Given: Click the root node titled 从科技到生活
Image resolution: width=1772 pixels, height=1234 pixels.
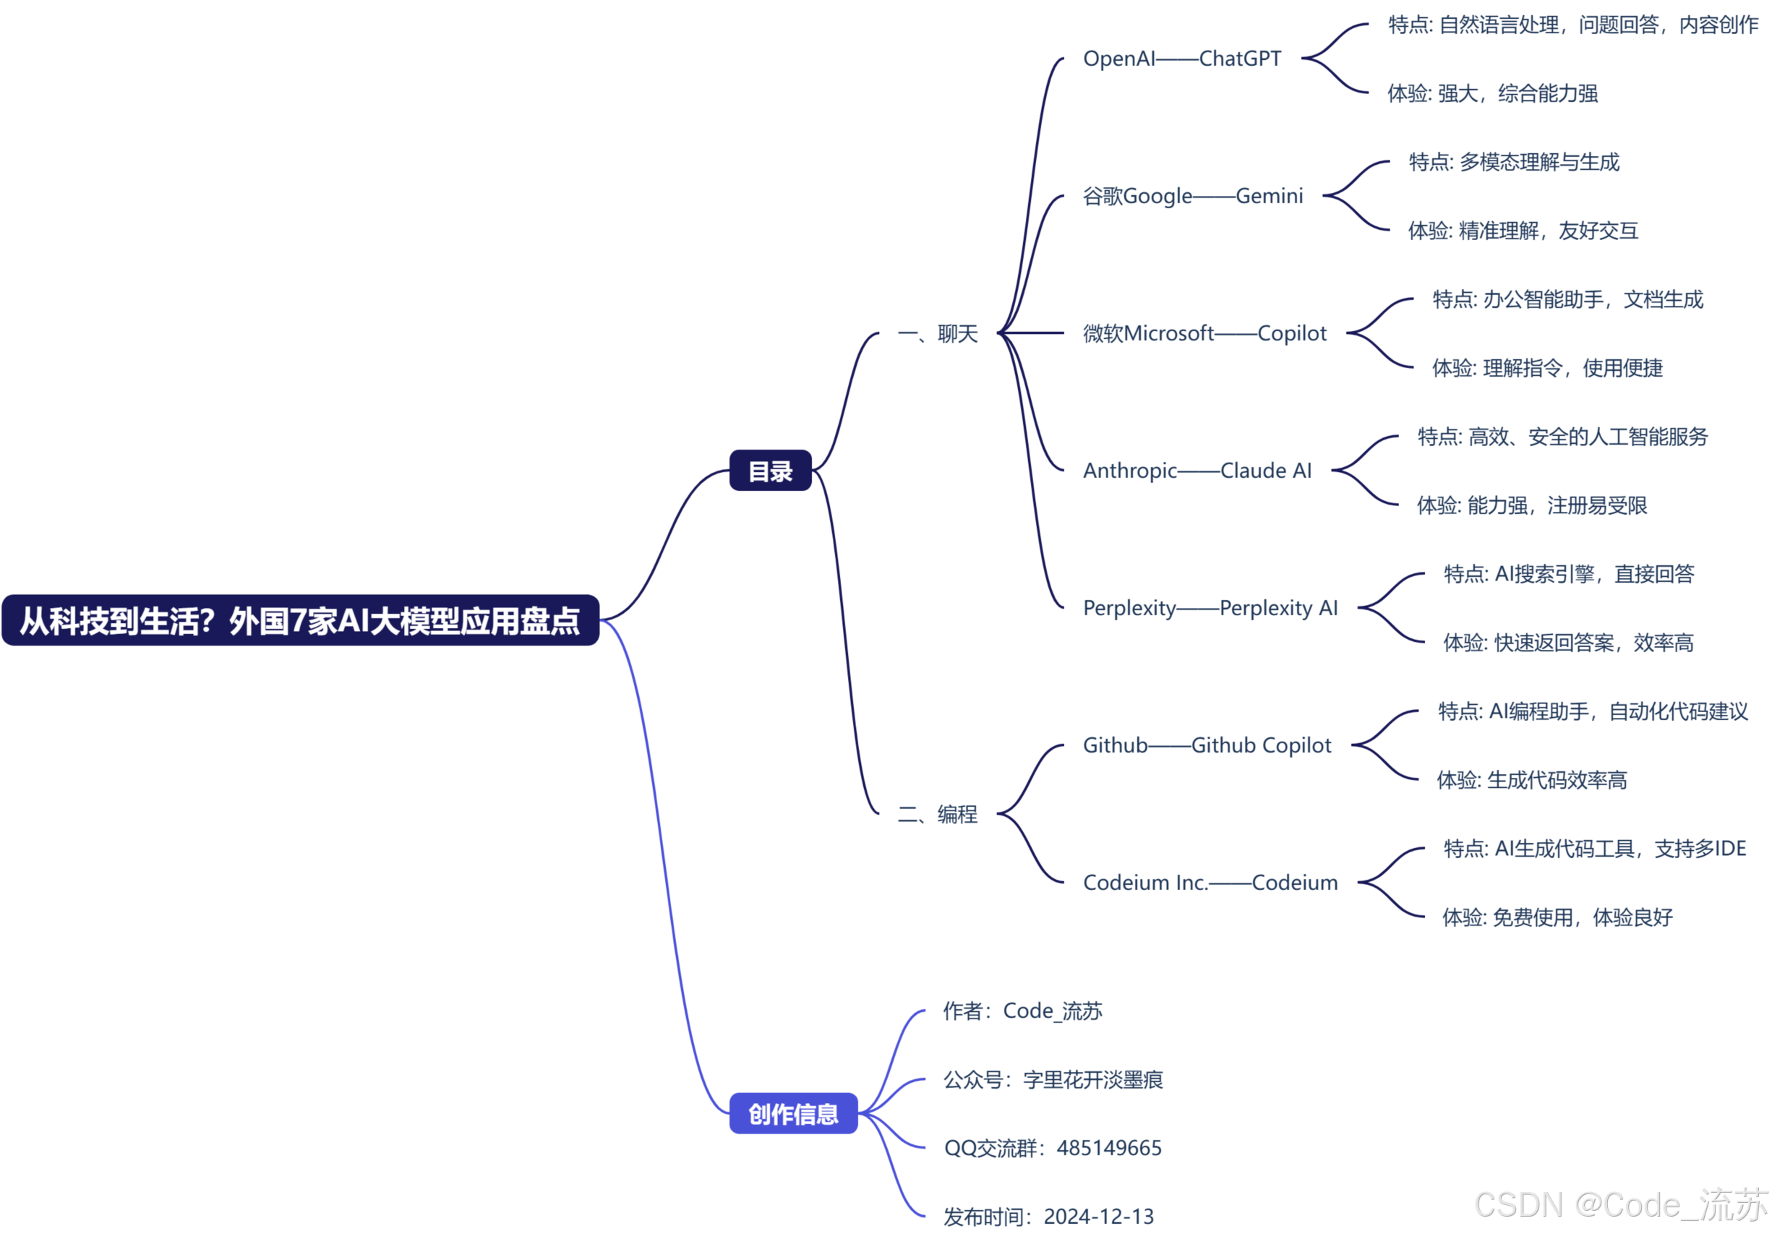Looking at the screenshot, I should coord(300,620).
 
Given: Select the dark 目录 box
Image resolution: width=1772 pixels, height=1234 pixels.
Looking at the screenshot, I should coord(770,471).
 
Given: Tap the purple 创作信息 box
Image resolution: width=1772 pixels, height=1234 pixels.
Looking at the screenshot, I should coord(792,1113).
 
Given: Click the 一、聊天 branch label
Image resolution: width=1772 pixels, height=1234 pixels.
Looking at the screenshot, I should coord(938,333).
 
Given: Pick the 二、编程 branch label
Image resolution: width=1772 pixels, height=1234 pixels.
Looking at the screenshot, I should coord(938,814).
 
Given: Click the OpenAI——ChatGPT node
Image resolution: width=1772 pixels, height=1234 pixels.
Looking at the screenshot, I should coord(1181,59).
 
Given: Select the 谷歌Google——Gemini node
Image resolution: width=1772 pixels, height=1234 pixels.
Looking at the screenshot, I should coord(1192,196).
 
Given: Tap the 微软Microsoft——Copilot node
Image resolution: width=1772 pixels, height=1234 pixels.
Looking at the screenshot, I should coord(1204,333).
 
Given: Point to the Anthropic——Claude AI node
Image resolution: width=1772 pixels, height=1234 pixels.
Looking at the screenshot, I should coord(1197,471).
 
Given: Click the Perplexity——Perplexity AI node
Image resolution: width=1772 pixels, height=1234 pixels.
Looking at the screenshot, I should coord(1210,608).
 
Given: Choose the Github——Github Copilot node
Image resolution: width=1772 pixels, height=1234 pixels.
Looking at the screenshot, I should coord(1207,745).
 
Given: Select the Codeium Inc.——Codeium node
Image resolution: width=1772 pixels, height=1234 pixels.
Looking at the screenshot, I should coord(1210,883).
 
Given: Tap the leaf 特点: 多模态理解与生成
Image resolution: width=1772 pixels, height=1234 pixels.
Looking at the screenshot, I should coord(1513,162).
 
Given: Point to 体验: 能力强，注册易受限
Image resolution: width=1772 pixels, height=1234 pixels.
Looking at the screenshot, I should coord(1531,505).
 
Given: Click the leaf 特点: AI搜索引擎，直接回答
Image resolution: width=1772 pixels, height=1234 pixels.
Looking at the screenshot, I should coord(1568,574).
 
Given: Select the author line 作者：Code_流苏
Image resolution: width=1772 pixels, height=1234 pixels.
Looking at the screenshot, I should coord(1022,1011).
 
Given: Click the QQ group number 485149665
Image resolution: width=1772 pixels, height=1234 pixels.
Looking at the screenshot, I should coord(1108,1149).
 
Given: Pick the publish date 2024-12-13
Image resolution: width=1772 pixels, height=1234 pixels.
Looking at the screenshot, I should coord(1098,1217).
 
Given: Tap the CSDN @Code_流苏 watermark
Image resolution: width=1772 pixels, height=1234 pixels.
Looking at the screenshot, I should coord(1621,1204).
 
